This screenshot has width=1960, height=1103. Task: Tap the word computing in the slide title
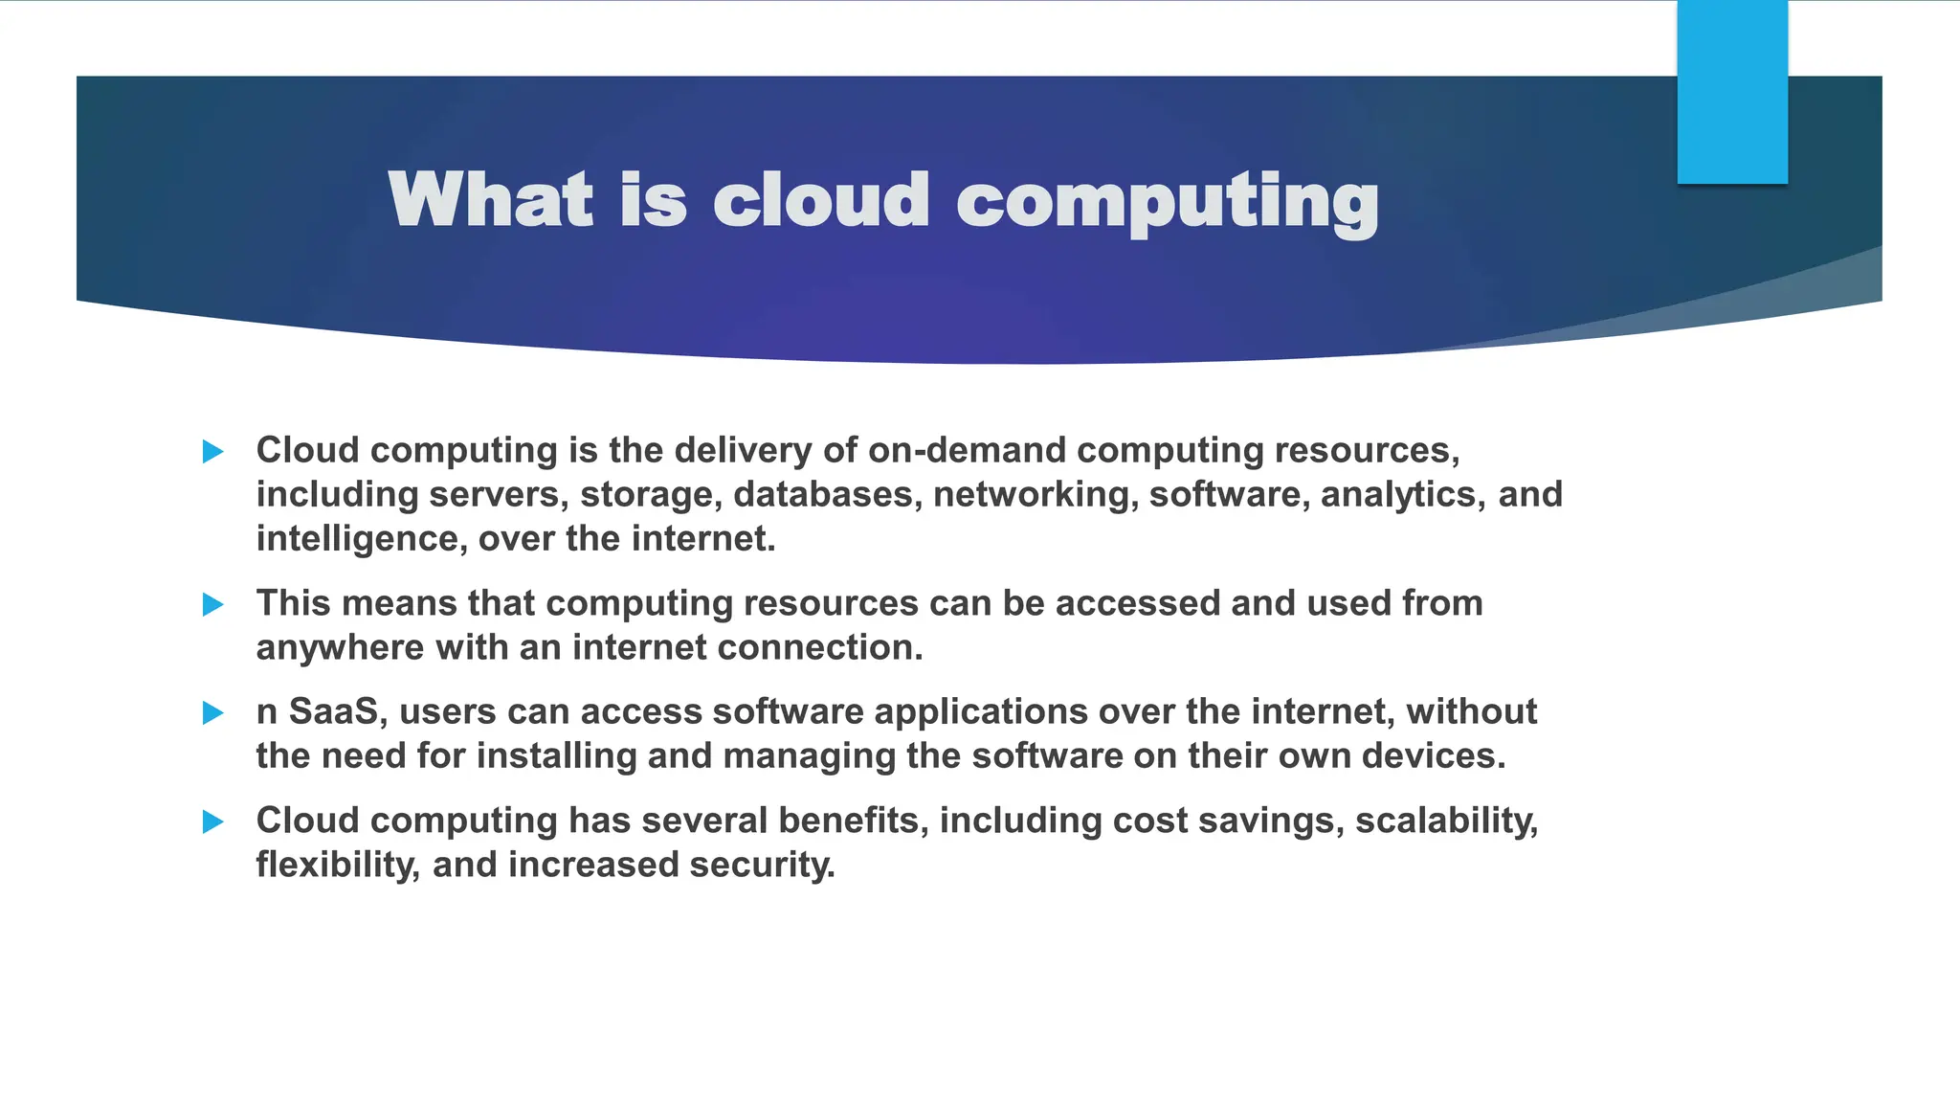pyautogui.click(x=1167, y=201)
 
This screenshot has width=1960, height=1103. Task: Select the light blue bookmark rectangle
pyautogui.click(x=1732, y=92)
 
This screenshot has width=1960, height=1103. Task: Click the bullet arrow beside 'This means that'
pyautogui.click(x=213, y=604)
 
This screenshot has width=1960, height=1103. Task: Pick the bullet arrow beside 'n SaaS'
pyautogui.click(x=213, y=712)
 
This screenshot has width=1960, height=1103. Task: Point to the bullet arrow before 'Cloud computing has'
pyautogui.click(x=213, y=822)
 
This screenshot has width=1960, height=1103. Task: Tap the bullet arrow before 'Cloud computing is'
pyautogui.click(x=213, y=451)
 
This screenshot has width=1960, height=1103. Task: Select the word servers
pyautogui.click(x=498, y=494)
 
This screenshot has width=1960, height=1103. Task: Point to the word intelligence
pyautogui.click(x=361, y=539)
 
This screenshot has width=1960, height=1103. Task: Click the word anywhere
pyautogui.click(x=340, y=648)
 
